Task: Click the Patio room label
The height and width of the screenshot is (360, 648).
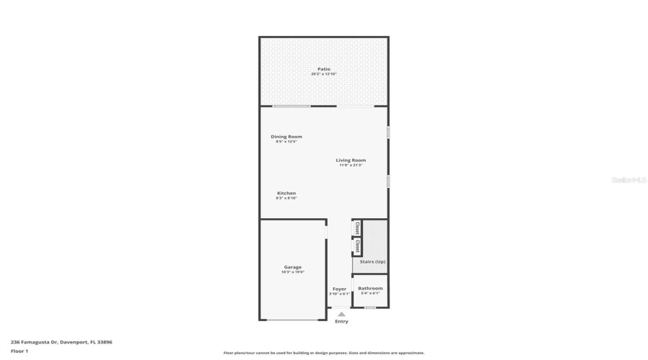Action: (x=324, y=69)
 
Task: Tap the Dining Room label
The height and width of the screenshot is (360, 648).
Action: (x=286, y=136)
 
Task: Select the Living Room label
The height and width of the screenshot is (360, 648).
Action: (x=351, y=160)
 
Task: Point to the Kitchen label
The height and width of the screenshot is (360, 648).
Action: (x=287, y=193)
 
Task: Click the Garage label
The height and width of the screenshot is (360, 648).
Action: (x=292, y=267)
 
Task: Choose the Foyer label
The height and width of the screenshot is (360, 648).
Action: (x=339, y=289)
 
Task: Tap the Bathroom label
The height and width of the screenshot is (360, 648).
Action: (x=370, y=289)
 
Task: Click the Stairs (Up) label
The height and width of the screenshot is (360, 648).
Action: (x=372, y=261)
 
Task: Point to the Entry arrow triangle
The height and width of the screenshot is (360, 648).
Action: (x=341, y=314)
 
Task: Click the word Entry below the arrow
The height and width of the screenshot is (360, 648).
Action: (x=341, y=321)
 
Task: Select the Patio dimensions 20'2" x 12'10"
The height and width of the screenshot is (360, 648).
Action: (x=324, y=74)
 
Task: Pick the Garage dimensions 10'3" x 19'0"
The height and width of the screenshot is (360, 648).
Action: (x=293, y=272)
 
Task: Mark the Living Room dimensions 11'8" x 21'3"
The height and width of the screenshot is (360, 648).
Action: (x=351, y=165)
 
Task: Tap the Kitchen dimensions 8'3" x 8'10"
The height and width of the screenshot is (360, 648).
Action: (x=287, y=198)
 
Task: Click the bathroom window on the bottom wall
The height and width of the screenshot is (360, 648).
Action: (x=369, y=308)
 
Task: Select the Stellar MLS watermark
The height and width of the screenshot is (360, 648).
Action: (x=629, y=180)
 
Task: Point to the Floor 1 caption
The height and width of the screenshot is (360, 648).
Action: (x=19, y=351)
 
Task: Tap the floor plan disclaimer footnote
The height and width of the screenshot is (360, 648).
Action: (x=323, y=353)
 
